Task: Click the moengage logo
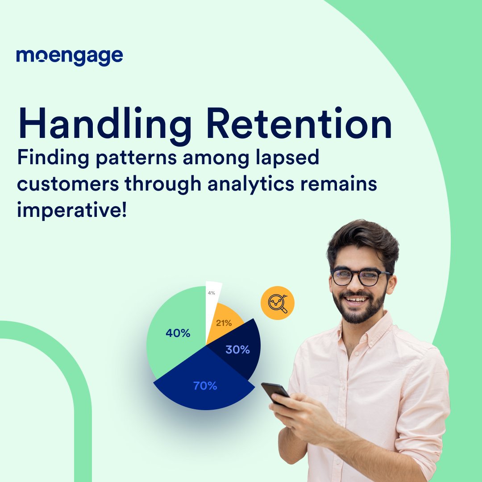tap(70, 57)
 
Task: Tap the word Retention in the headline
tap(299, 123)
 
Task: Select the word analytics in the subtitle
tap(251, 185)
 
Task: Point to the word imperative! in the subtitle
tap(72, 211)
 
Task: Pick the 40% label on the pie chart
tap(178, 333)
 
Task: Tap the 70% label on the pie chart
tap(205, 386)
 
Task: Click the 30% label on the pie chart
tap(237, 349)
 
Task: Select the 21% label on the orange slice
tap(224, 323)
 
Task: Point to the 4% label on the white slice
tap(212, 293)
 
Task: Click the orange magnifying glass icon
tap(278, 303)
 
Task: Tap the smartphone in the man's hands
tap(275, 393)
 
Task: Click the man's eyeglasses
tap(360, 277)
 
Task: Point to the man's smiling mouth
tap(356, 299)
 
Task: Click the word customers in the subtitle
tap(68, 184)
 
